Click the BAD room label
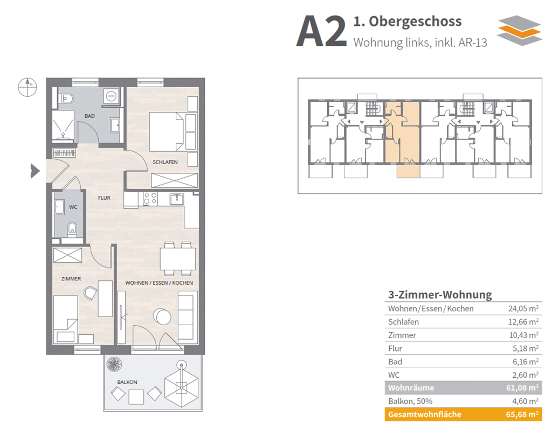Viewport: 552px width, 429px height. pyautogui.click(x=89, y=116)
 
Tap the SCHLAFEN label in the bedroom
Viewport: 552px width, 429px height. pyautogui.click(x=165, y=162)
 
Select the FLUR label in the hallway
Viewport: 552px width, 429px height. pyautogui.click(x=104, y=198)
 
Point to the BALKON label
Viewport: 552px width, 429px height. pyautogui.click(x=127, y=382)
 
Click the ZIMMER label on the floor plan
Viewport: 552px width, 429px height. pyautogui.click(x=71, y=279)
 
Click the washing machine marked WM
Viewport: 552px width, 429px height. pyautogui.click(x=111, y=96)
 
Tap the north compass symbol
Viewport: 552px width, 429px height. pyautogui.click(x=27, y=87)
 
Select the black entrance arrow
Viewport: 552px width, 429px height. pyautogui.click(x=35, y=171)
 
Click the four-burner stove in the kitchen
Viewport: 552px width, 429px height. pyautogui.click(x=150, y=199)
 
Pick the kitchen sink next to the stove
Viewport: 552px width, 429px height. pyautogui.click(x=176, y=199)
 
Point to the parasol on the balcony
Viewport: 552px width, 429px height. pyautogui.click(x=182, y=388)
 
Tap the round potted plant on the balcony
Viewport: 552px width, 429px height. pyautogui.click(x=114, y=364)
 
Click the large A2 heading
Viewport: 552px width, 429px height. pyautogui.click(x=321, y=32)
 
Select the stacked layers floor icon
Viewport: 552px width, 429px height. pyautogui.click(x=519, y=31)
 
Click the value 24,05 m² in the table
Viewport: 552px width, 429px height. pyautogui.click(x=523, y=308)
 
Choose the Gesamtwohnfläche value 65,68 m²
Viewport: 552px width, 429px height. pyautogui.click(x=522, y=414)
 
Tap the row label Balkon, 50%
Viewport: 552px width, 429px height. pyautogui.click(x=410, y=401)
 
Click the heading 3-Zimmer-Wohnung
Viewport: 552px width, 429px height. pyautogui.click(x=440, y=294)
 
